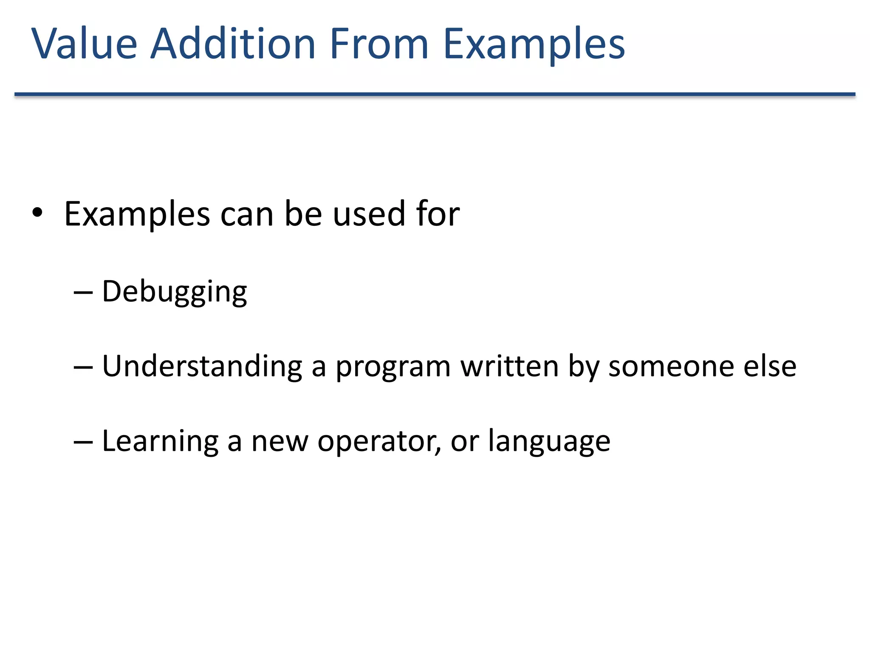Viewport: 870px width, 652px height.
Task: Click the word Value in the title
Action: pyautogui.click(x=84, y=44)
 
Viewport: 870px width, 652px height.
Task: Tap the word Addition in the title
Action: pyautogui.click(x=233, y=44)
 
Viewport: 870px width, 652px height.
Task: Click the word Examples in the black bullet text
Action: pyautogui.click(x=137, y=215)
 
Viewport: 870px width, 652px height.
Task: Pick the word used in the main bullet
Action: pyautogui.click(x=369, y=214)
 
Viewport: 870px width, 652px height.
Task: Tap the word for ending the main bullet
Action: pyautogui.click(x=438, y=214)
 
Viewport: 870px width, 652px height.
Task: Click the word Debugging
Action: pyautogui.click(x=175, y=292)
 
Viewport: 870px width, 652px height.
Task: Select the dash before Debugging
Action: pyautogui.click(x=83, y=292)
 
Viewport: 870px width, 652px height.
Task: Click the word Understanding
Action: pyautogui.click(x=202, y=366)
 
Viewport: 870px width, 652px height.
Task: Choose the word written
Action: pyautogui.click(x=510, y=366)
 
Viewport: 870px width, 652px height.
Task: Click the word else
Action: pyautogui.click(x=770, y=366)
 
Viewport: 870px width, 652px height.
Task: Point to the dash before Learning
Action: pyautogui.click(x=83, y=442)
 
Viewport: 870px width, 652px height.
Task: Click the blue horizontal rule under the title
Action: pyautogui.click(x=435, y=94)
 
